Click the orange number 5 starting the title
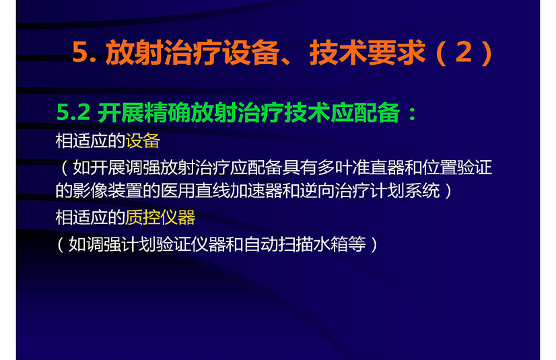79,52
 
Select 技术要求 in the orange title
367,52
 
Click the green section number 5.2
73,112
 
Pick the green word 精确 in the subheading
167,112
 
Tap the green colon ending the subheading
413,114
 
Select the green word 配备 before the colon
377,112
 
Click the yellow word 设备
143,141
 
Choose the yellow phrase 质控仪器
160,217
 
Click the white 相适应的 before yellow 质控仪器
90,217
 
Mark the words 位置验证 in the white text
457,168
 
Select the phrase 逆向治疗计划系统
370,190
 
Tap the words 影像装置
108,190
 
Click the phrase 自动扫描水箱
296,244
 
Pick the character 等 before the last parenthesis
357,244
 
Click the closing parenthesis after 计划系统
448,190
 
